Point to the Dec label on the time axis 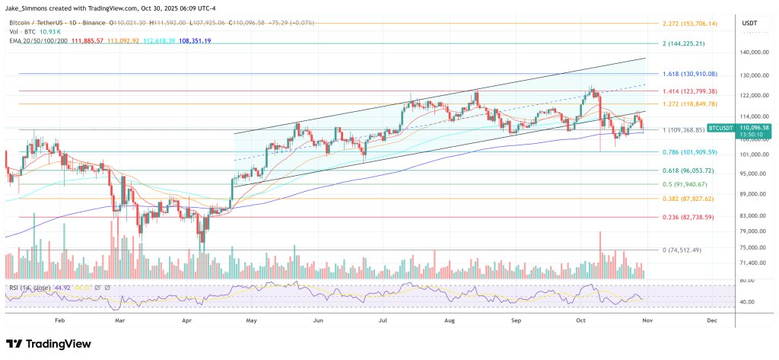(712, 322)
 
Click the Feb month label (60, 322)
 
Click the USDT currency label (750, 23)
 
